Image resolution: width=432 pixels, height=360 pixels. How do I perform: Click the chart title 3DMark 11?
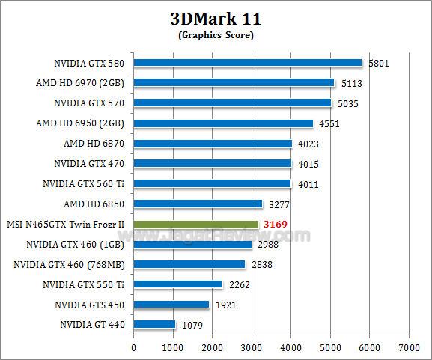(216, 19)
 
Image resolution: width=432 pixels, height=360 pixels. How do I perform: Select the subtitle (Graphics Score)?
(216, 35)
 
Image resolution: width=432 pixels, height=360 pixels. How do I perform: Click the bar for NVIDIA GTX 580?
(247, 63)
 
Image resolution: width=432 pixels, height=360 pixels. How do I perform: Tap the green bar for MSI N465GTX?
(196, 224)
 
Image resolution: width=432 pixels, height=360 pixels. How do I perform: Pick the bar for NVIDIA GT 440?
(154, 325)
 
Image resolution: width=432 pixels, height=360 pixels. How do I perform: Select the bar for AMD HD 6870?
(213, 144)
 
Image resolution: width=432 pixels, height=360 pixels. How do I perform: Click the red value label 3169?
(276, 224)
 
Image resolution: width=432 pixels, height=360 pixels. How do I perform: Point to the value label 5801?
(379, 63)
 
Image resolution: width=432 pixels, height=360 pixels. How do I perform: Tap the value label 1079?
(192, 325)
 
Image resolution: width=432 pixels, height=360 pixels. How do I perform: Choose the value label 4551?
(329, 123)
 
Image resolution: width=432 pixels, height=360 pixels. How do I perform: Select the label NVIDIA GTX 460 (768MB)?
(70, 264)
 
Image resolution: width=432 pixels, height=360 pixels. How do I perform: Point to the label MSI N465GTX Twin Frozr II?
(65, 224)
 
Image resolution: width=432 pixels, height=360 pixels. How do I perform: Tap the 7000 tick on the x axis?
(408, 348)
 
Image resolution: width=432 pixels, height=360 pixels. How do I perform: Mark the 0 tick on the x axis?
(133, 348)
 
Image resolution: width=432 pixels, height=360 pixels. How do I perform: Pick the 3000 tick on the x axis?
(251, 348)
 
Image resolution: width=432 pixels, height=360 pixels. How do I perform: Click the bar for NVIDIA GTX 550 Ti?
(177, 284)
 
